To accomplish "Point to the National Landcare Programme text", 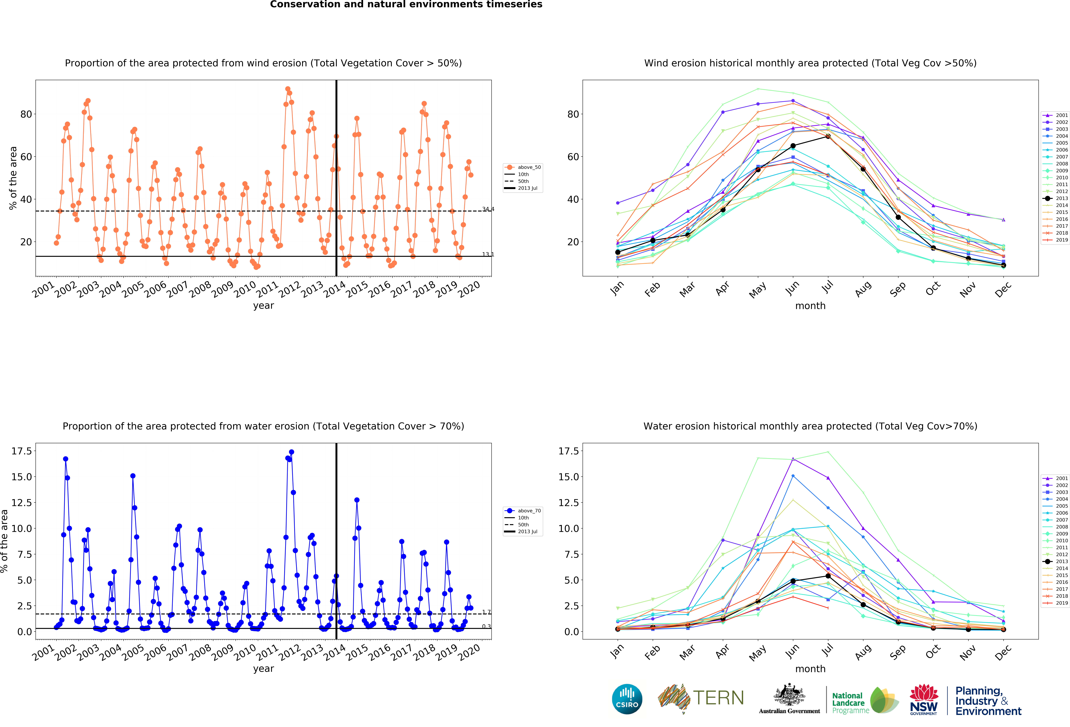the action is [850, 703].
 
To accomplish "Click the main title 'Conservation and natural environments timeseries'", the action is [406, 5].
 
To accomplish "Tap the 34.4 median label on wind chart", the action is [488, 209].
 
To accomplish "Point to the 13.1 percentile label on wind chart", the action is [488, 254].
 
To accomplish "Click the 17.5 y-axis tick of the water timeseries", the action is [22, 451].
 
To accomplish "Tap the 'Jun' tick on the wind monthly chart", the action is [792, 288].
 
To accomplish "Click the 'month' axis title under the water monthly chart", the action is [810, 668].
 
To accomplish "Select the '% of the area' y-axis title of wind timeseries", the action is [13, 178].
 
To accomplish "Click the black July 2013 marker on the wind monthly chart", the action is [828, 136].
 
